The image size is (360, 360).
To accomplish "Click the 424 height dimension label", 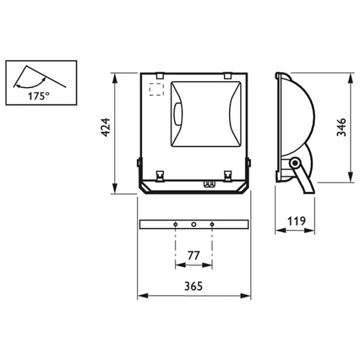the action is click(x=106, y=128).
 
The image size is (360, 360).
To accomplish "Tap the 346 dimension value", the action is click(x=341, y=127).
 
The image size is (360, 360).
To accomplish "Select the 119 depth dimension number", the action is click(x=296, y=221).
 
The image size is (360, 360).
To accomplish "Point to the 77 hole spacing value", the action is click(x=194, y=256).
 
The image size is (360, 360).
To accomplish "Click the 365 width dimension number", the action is click(x=194, y=286).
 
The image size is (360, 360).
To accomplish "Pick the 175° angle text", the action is click(x=38, y=96).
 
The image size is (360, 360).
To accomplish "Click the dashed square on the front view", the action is click(x=157, y=89).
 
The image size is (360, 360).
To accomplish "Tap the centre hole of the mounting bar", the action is click(x=194, y=224).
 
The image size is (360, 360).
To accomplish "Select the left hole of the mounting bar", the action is click(x=175, y=224).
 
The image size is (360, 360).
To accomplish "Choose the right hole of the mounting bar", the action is click(x=212, y=224).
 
